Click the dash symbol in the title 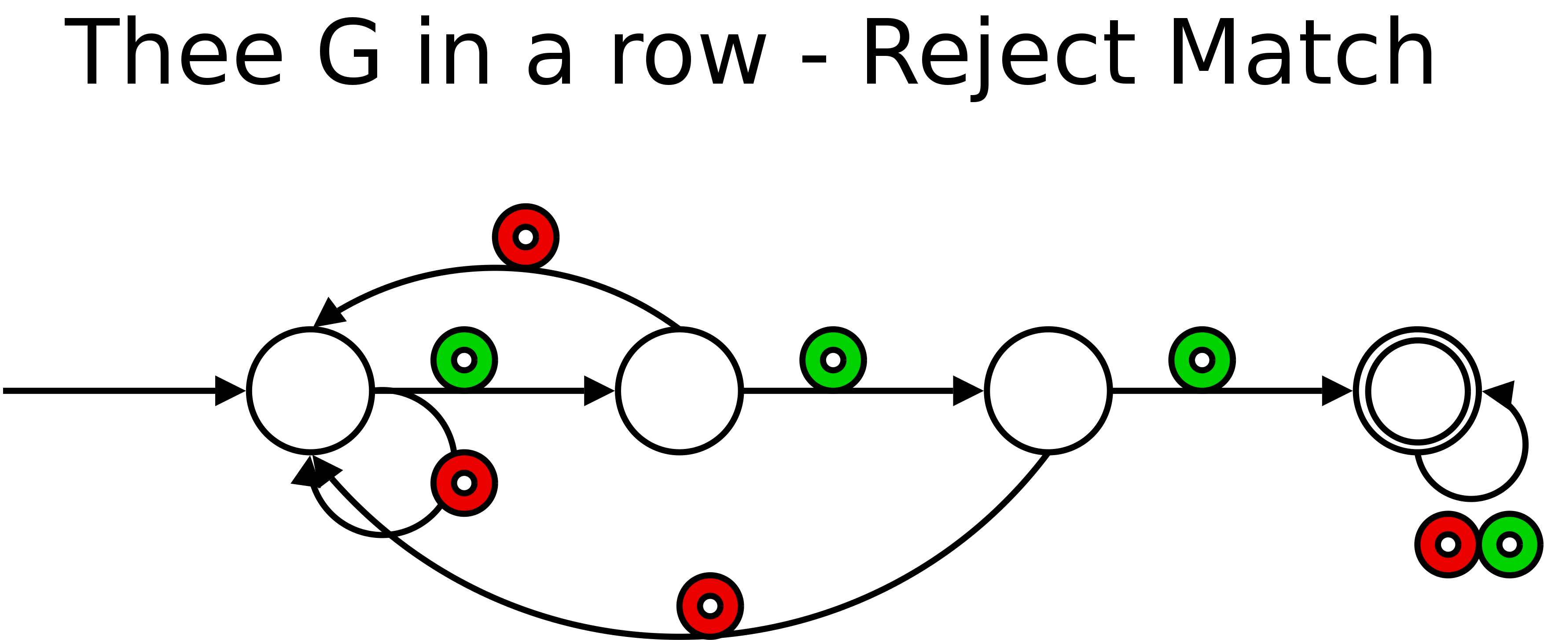[x=813, y=59]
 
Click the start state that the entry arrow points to [x=310, y=391]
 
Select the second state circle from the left [x=679, y=391]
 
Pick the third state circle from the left [x=1048, y=391]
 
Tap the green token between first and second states [x=464, y=360]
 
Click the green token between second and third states [x=833, y=360]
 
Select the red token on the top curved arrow [x=526, y=237]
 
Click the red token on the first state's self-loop [x=464, y=483]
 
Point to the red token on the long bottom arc [x=710, y=606]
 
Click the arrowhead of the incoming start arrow [x=228, y=391]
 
